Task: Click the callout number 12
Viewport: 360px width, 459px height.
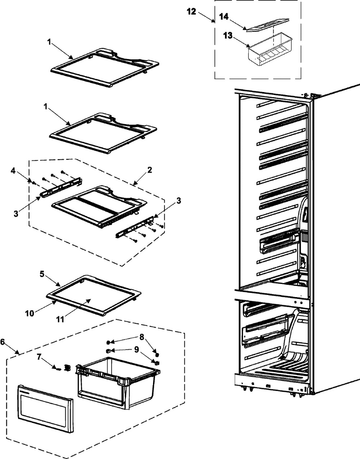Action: pyautogui.click(x=191, y=12)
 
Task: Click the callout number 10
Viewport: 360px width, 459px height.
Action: pyautogui.click(x=30, y=313)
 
